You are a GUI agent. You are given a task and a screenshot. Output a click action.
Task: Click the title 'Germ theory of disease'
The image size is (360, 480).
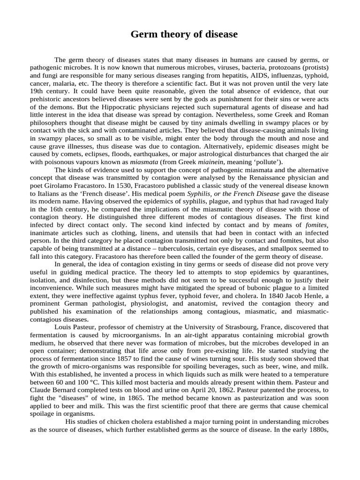(184, 35)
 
